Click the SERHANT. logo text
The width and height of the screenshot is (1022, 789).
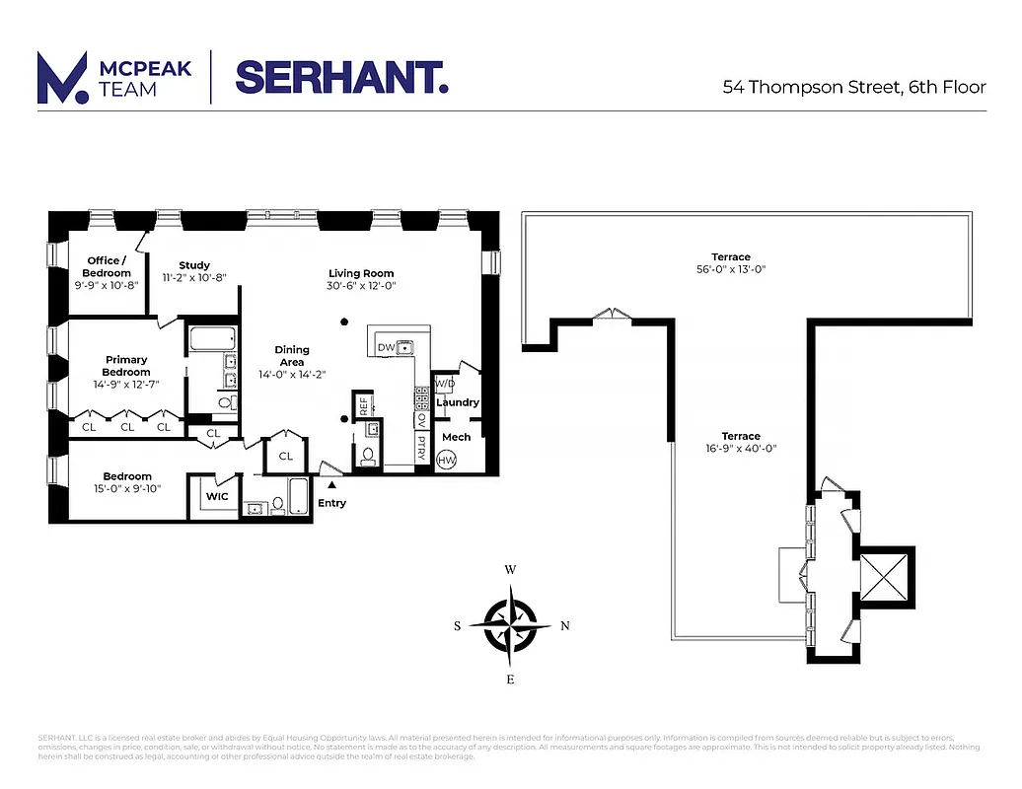pyautogui.click(x=341, y=77)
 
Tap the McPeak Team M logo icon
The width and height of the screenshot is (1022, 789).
pyautogui.click(x=60, y=78)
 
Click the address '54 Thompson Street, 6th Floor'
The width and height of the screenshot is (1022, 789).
pyautogui.click(x=854, y=87)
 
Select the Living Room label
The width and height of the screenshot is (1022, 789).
pyautogui.click(x=361, y=273)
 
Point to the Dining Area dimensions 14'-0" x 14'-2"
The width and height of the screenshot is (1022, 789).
pyautogui.click(x=292, y=374)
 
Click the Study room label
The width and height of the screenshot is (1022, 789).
pyautogui.click(x=194, y=265)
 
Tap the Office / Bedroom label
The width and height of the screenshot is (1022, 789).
pyautogui.click(x=107, y=266)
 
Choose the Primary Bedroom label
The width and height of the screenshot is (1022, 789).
pyautogui.click(x=126, y=366)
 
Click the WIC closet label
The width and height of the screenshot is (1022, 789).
pyautogui.click(x=217, y=496)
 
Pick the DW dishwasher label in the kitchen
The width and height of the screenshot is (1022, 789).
pyautogui.click(x=385, y=347)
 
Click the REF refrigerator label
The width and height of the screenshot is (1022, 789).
pyautogui.click(x=363, y=404)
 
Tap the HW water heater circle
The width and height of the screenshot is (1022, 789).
pyautogui.click(x=447, y=461)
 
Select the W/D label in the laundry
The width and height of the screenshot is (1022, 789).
pyautogui.click(x=445, y=384)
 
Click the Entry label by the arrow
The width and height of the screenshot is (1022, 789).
pyautogui.click(x=331, y=503)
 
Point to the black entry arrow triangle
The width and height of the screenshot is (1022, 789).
pyautogui.click(x=331, y=484)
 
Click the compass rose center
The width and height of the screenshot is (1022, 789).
pyautogui.click(x=511, y=625)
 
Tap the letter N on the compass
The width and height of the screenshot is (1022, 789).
pyautogui.click(x=564, y=625)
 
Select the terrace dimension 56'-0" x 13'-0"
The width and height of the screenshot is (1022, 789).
pyautogui.click(x=731, y=268)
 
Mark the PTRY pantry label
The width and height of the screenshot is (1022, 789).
pyautogui.click(x=421, y=449)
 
